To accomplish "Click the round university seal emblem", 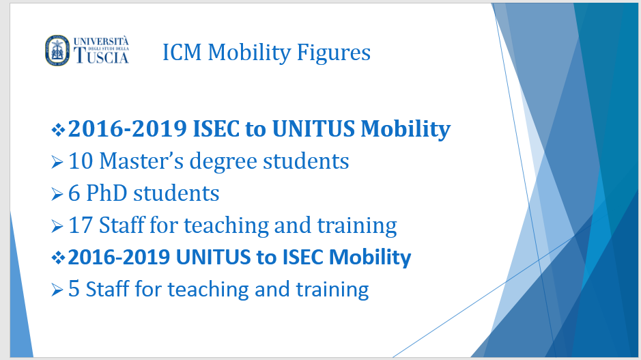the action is coord(57,51).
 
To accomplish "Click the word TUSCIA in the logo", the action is coord(102,55).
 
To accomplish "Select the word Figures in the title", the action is coord(334,53).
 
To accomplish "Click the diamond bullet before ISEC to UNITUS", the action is coord(58,130).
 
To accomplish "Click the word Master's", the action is coord(141,161).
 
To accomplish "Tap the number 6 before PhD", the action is coord(74,193).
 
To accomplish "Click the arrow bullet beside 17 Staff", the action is coord(57,226).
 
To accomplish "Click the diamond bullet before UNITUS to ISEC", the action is coord(58,258).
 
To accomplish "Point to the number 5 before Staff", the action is coord(74,289).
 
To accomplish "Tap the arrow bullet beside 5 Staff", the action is coord(57,290).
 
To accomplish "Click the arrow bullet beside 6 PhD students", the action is coord(57,194).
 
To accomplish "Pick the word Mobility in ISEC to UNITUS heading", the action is coord(405,130).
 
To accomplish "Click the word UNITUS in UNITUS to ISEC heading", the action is coord(213,258).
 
